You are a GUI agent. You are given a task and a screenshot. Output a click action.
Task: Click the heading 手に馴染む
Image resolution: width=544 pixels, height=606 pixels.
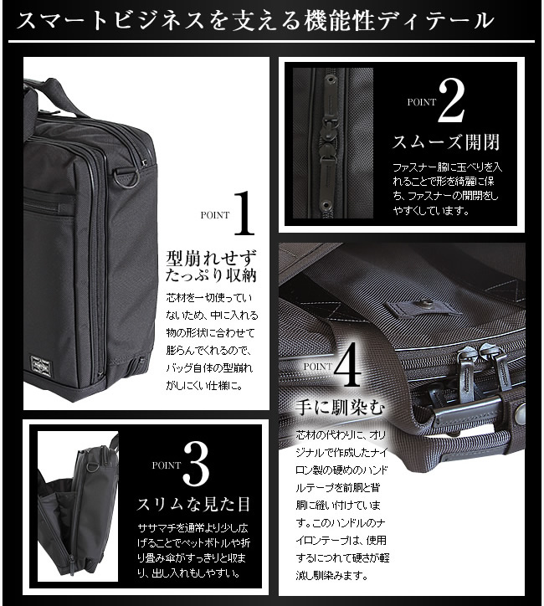click(340, 408)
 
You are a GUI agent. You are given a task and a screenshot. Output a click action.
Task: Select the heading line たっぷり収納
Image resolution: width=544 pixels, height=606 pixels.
click(211, 275)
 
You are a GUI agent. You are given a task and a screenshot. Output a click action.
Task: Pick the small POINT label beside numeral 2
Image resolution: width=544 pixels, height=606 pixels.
click(421, 101)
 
